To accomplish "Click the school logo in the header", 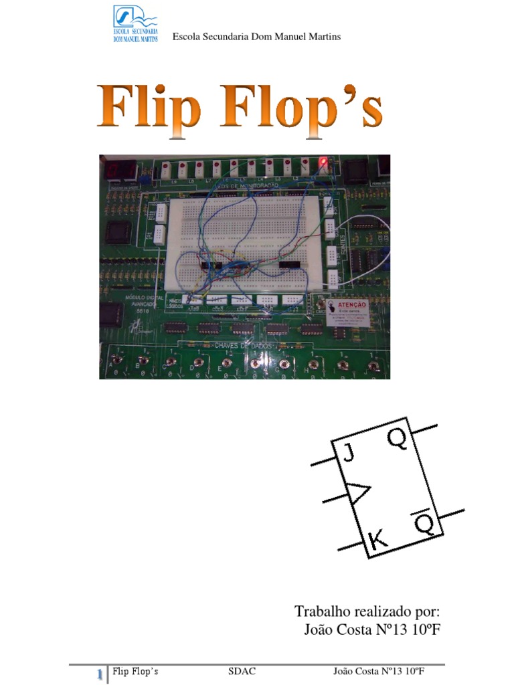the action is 139,24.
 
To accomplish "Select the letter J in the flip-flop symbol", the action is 349,455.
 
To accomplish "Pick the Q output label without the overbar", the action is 396,440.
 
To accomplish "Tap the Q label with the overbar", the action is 426,524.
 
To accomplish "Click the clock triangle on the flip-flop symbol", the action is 357,494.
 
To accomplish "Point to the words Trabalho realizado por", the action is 367,611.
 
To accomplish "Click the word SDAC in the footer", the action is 242,671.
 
